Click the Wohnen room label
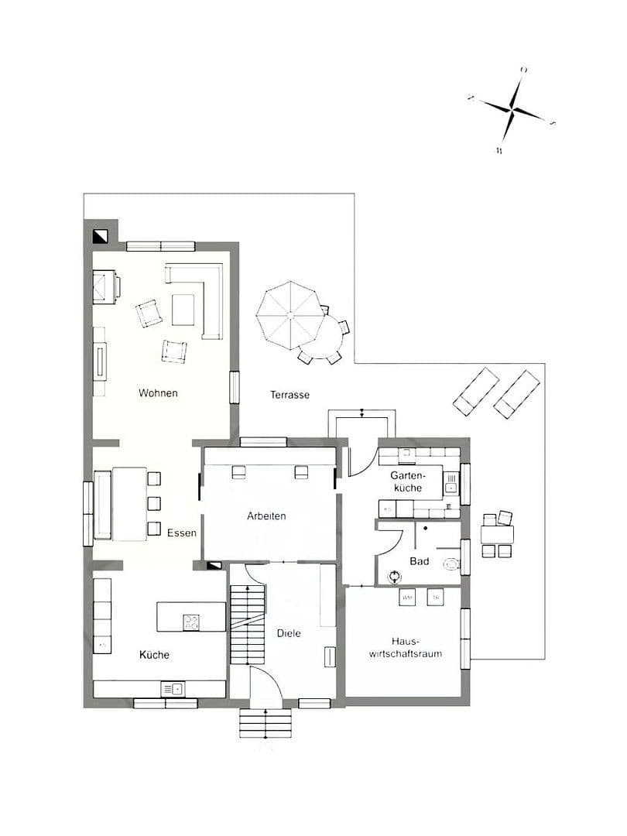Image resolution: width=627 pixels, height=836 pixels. pos(158,393)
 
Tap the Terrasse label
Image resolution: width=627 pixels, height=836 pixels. pos(290,395)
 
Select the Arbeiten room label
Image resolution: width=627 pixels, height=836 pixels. pos(267,516)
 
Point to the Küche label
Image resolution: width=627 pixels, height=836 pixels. pos(154,655)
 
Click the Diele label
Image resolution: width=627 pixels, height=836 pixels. pos(288,633)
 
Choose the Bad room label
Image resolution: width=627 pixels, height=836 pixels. pos(420,561)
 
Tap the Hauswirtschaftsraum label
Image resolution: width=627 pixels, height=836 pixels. pos(406,647)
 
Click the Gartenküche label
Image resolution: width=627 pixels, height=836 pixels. pos(406,482)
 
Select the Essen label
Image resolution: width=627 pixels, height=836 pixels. pos(182,533)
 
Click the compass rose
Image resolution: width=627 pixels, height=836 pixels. pos(513,111)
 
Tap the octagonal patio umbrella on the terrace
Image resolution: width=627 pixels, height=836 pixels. pos(291,315)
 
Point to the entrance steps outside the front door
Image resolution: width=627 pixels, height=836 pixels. pos(265,723)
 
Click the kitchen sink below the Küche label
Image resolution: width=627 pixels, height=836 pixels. pos(173,688)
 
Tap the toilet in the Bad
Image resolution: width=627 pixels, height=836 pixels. pos(451,565)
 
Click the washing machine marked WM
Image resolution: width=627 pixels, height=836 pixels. pos(408,598)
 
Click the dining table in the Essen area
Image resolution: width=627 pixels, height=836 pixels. pos(128,503)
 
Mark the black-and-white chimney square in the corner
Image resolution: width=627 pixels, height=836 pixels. pos(100,236)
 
